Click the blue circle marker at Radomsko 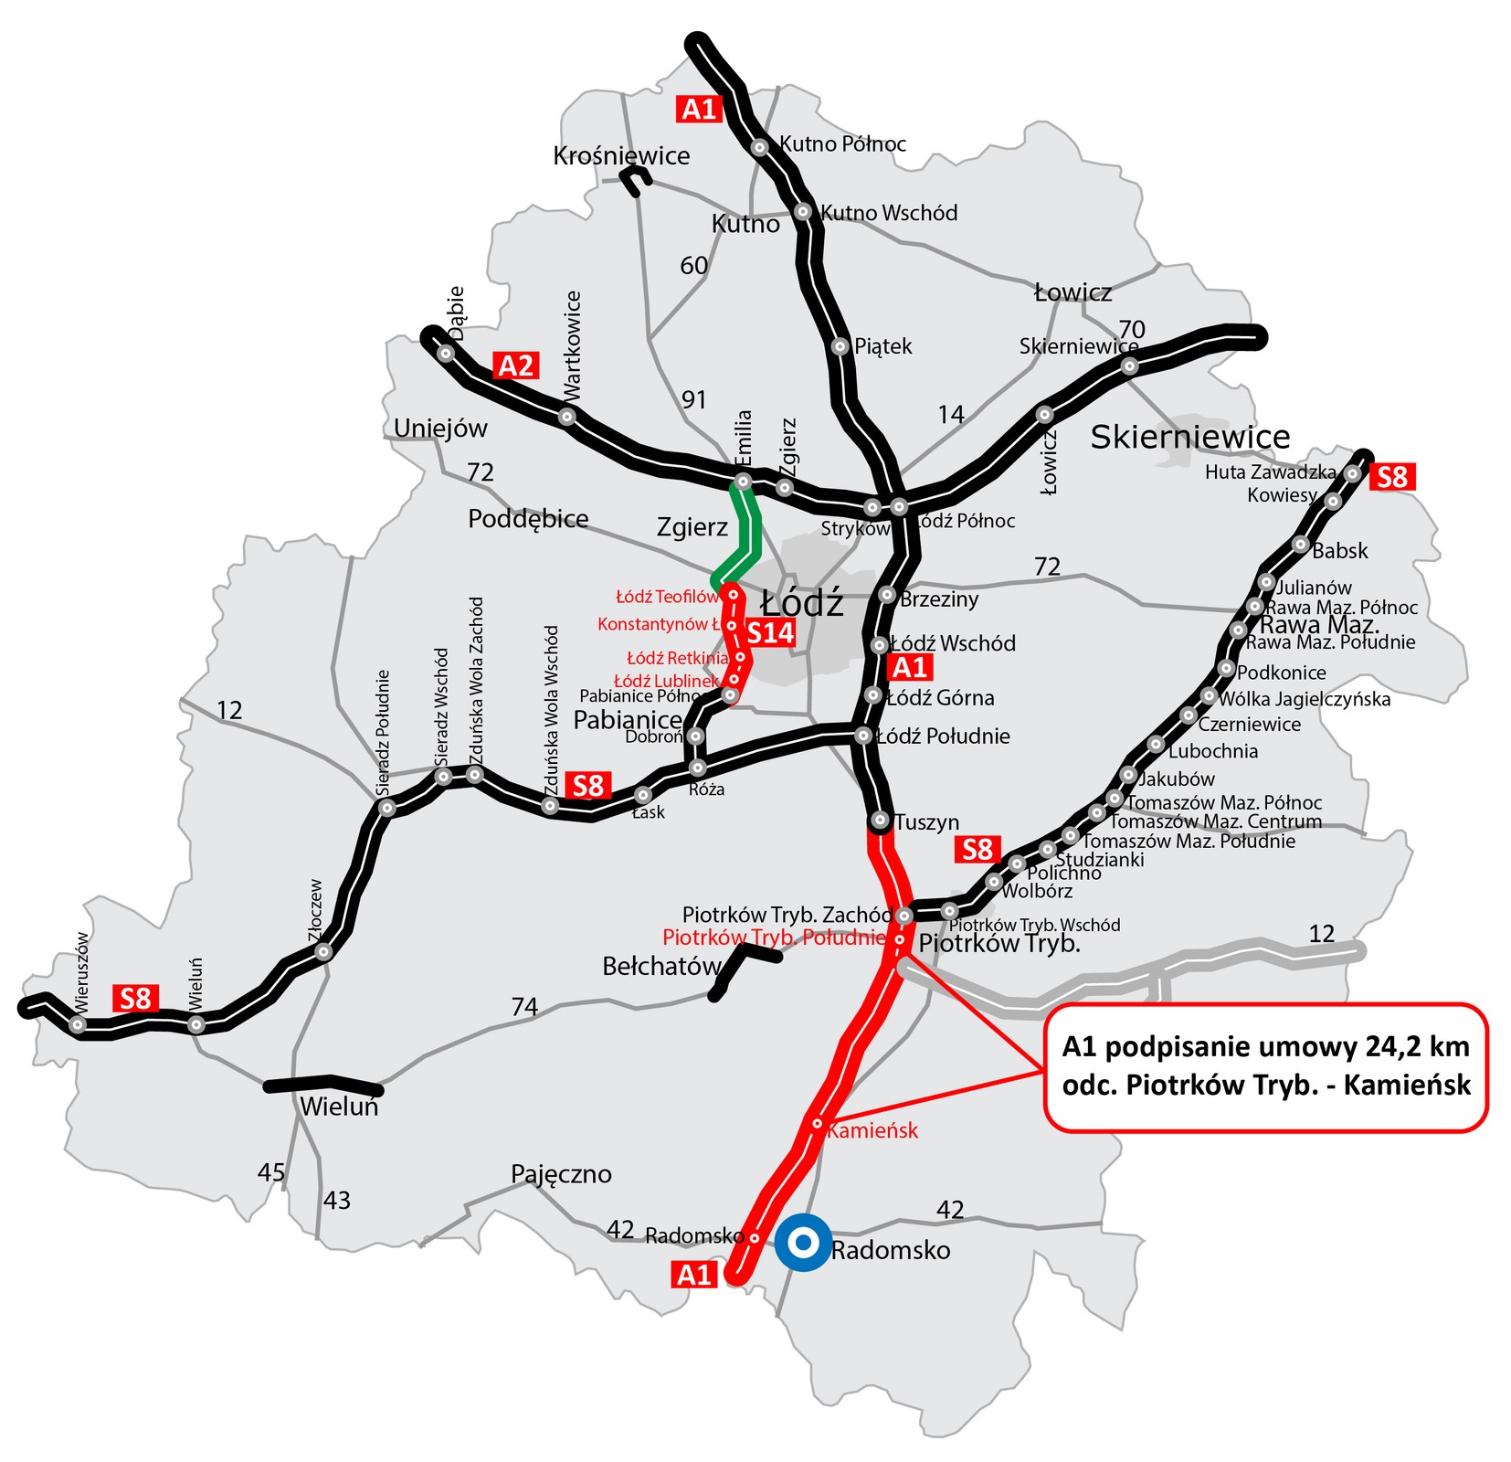tap(802, 1242)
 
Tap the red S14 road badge tap(770, 633)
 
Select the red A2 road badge tap(515, 366)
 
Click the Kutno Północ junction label tap(842, 144)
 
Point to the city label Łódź tap(802, 604)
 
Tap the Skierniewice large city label tap(1189, 437)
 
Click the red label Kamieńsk tap(872, 1131)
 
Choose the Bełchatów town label tap(661, 966)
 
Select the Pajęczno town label tap(561, 1174)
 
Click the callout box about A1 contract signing tap(1266, 1067)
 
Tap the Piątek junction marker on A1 tap(840, 346)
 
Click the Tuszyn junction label tap(926, 822)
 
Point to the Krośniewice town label tap(621, 155)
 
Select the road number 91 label tap(694, 399)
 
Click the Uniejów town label tap(440, 429)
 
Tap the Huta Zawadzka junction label tap(1270, 472)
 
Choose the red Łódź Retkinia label tap(677, 658)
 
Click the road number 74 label tap(524, 1007)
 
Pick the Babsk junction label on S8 tap(1339, 551)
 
